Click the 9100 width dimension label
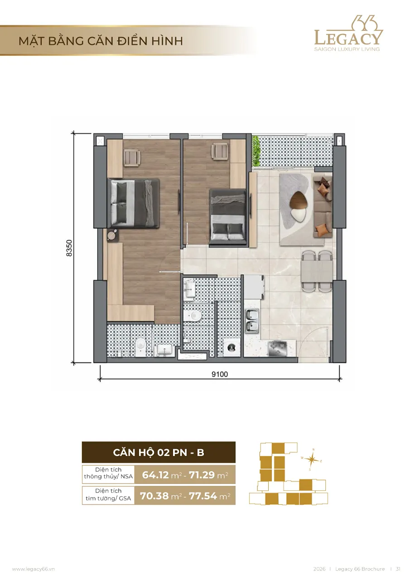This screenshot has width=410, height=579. click(x=219, y=374)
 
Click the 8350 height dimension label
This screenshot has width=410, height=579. click(x=69, y=248)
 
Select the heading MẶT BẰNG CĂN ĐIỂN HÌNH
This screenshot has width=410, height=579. click(x=101, y=41)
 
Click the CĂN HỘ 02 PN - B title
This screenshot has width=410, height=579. click(x=159, y=452)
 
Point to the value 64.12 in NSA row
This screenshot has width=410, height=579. click(x=155, y=475)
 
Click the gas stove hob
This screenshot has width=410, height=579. click(x=278, y=348)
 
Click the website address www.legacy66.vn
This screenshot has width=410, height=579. click(x=34, y=569)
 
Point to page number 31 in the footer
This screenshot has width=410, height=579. click(x=398, y=569)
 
